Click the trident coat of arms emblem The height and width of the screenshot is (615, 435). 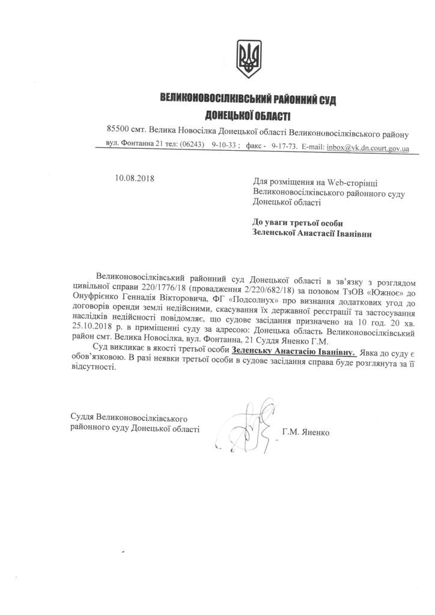coord(247,58)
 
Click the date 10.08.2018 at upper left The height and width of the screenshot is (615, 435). coord(134,178)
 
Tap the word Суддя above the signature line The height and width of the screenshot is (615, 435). coord(82,417)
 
